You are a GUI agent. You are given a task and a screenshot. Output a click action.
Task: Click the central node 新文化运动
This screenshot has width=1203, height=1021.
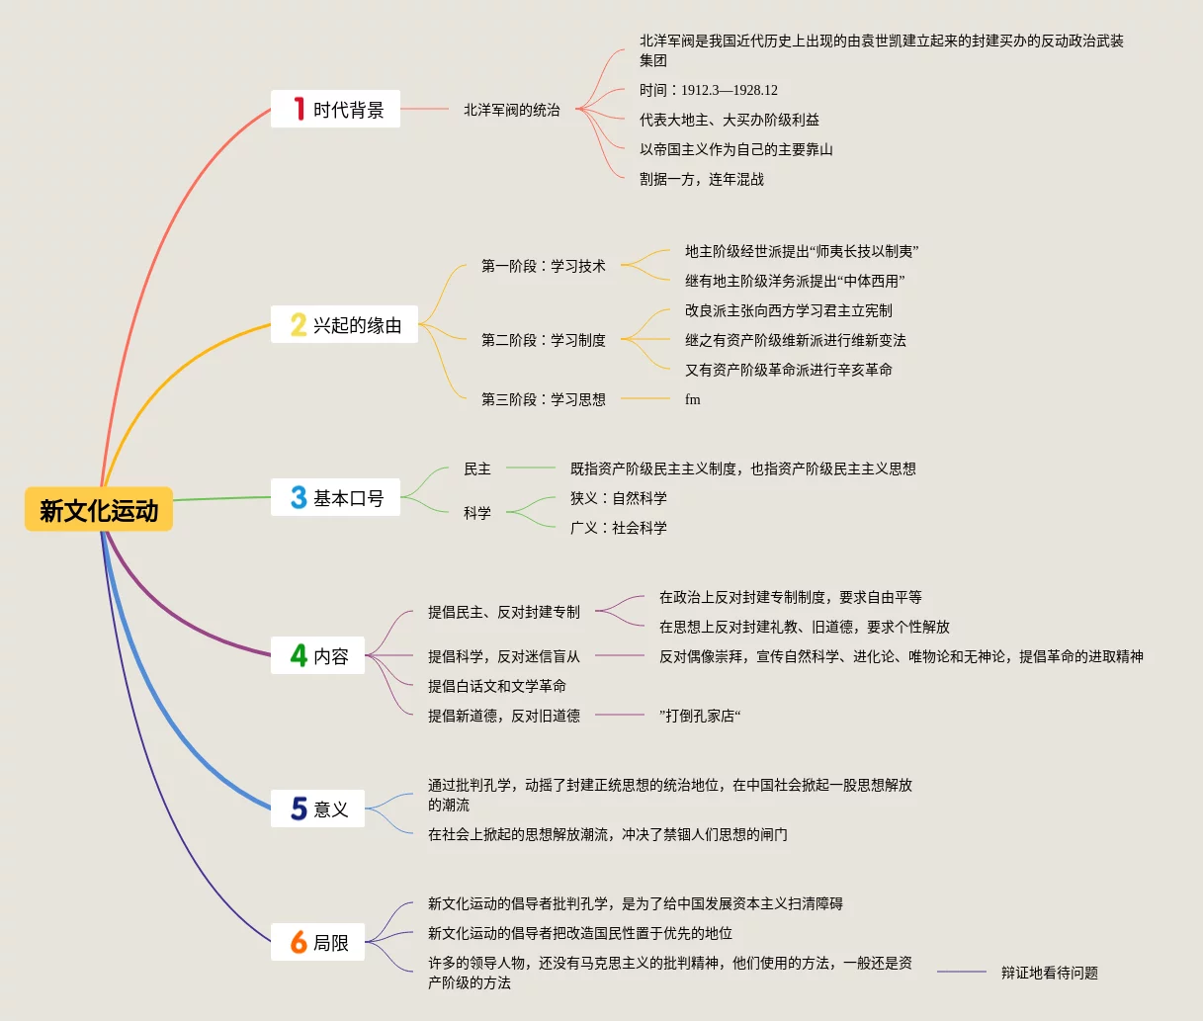pos(99,510)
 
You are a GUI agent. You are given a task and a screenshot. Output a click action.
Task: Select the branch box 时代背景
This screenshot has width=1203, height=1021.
pos(336,109)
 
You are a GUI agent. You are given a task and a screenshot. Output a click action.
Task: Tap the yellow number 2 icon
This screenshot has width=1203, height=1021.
pos(298,324)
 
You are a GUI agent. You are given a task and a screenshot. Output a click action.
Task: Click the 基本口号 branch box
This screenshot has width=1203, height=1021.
pos(336,497)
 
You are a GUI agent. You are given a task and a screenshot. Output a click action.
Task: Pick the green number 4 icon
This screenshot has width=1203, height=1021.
pos(298,655)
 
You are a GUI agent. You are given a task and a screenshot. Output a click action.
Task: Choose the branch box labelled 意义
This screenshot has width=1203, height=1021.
pos(318,808)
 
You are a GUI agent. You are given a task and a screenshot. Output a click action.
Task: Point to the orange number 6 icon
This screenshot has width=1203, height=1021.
pos(298,942)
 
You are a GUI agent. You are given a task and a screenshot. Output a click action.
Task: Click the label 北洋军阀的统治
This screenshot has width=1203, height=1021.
pos(512,110)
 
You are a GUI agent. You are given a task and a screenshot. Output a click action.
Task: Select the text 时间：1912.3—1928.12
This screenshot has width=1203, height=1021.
pos(708,90)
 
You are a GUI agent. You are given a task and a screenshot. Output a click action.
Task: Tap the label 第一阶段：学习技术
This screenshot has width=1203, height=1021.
pos(543,266)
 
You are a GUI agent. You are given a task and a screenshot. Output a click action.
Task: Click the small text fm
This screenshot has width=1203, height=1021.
pos(692,399)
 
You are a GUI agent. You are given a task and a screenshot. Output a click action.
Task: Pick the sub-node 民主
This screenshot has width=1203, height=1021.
pos(477,468)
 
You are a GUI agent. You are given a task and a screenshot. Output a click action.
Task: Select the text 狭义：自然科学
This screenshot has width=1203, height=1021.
pos(618,498)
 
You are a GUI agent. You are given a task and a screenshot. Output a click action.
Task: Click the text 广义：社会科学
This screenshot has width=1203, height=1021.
pos(618,528)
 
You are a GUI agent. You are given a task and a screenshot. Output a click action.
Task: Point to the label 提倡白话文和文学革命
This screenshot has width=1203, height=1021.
pos(496,686)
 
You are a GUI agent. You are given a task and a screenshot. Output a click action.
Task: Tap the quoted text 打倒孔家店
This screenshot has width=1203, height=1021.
pos(700,716)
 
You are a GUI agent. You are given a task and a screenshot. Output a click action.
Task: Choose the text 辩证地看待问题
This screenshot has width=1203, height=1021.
pos(1049,973)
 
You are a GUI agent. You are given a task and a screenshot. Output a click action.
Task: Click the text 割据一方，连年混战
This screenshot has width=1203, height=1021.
pos(701,179)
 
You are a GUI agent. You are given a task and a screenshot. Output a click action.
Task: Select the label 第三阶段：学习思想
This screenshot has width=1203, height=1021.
pos(543,399)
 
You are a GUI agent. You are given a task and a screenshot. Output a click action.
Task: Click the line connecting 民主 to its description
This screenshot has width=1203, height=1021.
pos(531,468)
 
